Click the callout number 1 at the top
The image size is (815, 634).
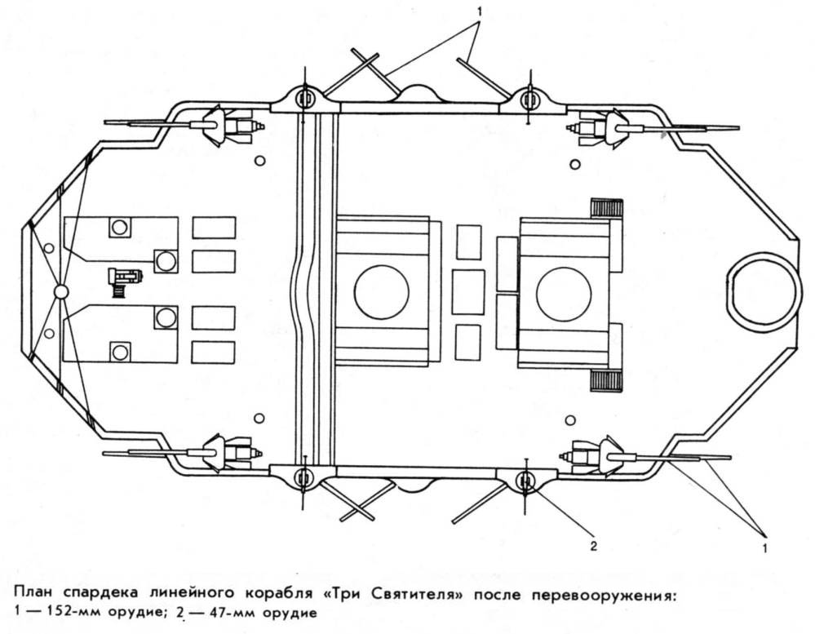coord(480,13)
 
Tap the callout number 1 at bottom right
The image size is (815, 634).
coord(764,548)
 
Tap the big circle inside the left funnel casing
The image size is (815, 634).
coord(381,292)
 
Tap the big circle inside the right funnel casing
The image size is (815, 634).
coord(564,292)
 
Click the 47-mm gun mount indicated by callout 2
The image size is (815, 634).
coord(525,479)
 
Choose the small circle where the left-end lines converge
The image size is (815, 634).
coord(60,291)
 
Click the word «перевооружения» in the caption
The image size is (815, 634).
coord(600,594)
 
